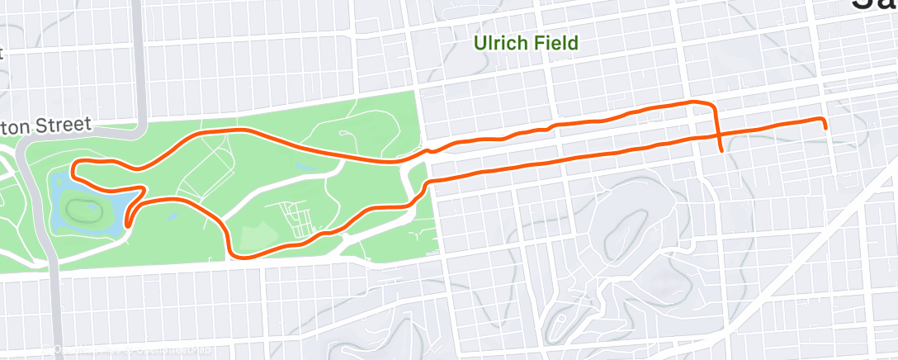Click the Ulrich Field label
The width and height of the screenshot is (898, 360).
525,43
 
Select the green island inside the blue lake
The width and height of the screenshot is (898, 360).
82,204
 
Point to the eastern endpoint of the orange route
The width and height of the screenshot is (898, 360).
825,127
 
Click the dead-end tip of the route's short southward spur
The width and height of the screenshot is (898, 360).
723,151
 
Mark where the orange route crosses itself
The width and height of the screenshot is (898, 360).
717,134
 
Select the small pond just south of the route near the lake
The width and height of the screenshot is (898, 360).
171,216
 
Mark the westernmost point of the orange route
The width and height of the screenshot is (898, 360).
73,171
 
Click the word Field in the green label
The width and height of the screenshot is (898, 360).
555,43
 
